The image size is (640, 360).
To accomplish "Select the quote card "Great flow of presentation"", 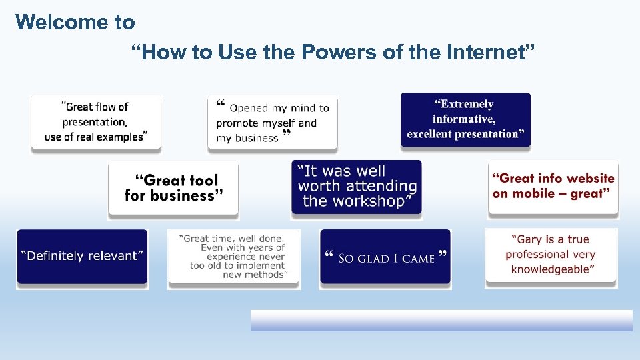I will (x=96, y=123).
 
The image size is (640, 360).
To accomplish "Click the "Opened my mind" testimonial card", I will (x=272, y=123).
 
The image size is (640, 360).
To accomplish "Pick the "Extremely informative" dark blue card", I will (x=465, y=120).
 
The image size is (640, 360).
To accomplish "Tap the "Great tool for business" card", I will (x=173, y=189).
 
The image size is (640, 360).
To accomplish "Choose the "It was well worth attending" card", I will (x=357, y=187).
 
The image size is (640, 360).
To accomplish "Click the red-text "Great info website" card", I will (x=553, y=187).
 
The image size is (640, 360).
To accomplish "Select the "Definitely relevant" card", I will (x=82, y=257).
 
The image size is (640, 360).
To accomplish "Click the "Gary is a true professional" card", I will (x=551, y=255).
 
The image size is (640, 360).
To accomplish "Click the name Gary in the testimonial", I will (x=529, y=239).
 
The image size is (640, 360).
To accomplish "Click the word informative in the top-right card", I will (x=463, y=119).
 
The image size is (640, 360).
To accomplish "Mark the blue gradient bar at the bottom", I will (x=441, y=321).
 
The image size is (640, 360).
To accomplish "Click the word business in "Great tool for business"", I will (x=184, y=196).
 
